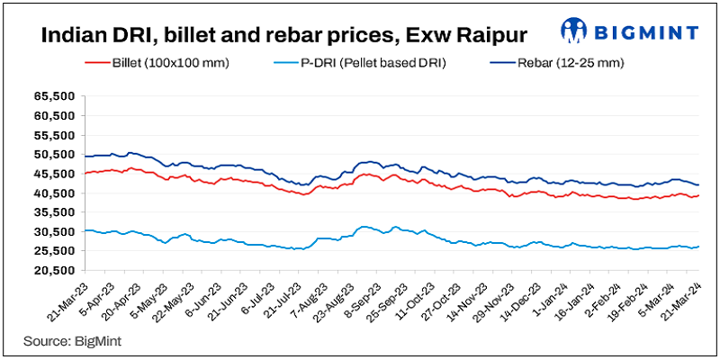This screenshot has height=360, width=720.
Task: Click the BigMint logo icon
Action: point(573,31)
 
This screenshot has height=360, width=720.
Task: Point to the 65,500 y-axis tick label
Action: point(52,95)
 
